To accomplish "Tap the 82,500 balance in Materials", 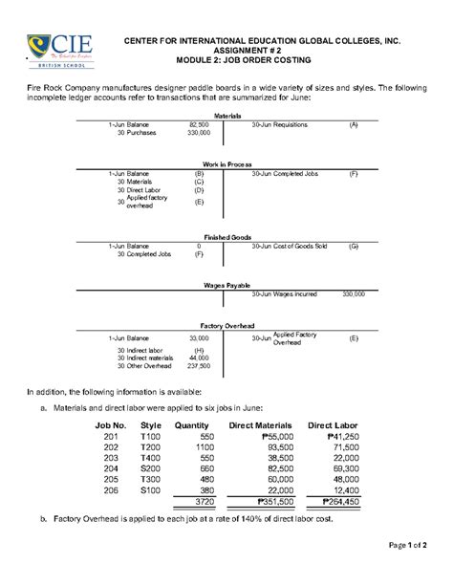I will [x=199, y=124].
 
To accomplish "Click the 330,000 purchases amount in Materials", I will [x=198, y=133].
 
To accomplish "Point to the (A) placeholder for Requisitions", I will [x=353, y=124].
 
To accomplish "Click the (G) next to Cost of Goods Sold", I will [x=353, y=246].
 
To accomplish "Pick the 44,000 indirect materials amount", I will [x=199, y=357].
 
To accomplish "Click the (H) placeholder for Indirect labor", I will [x=199, y=349].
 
